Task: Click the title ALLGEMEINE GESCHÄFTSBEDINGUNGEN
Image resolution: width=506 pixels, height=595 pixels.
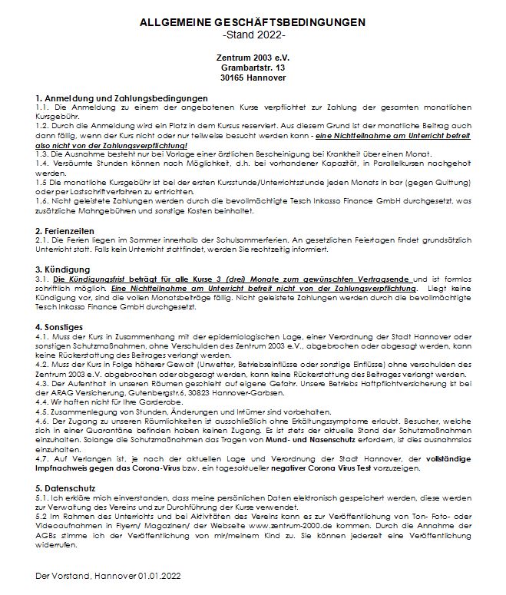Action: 253,23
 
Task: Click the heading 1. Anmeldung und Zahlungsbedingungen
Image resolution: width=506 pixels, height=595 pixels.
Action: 122,98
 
